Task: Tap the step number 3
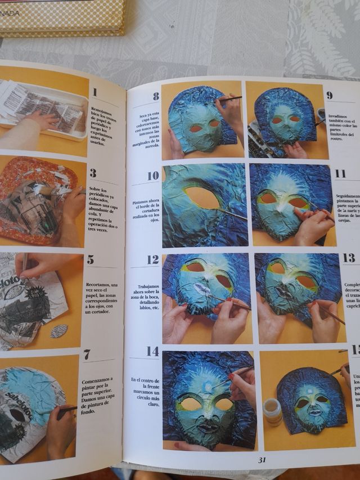pyautogui.click(x=93, y=173)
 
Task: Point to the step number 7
pyautogui.click(x=87, y=355)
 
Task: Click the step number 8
pyautogui.click(x=156, y=97)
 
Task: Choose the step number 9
pyautogui.click(x=329, y=95)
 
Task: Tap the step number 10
pyautogui.click(x=153, y=176)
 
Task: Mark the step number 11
pyautogui.click(x=340, y=173)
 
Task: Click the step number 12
pyautogui.click(x=153, y=260)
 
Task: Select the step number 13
pyautogui.click(x=349, y=258)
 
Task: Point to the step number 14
pyautogui.click(x=152, y=352)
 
